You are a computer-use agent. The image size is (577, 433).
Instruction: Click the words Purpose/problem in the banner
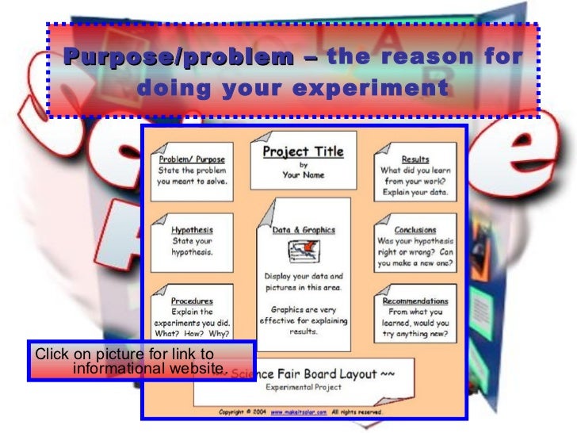(x=178, y=58)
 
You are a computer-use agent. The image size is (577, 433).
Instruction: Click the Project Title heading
(x=304, y=151)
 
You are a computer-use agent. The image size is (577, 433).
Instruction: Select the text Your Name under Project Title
(x=304, y=175)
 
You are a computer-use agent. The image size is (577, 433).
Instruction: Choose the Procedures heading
(x=192, y=301)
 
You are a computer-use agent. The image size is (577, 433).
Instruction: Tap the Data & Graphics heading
(x=304, y=231)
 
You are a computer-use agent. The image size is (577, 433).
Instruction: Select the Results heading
(x=415, y=159)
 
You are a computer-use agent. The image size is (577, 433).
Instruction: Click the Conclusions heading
(x=415, y=231)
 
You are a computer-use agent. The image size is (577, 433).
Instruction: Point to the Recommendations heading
(x=415, y=301)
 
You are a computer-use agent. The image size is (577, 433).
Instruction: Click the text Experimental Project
(x=304, y=388)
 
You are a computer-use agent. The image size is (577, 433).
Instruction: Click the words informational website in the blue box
(x=148, y=369)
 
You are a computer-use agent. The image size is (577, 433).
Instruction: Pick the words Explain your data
(x=415, y=192)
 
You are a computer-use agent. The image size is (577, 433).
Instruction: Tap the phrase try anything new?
(x=415, y=335)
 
